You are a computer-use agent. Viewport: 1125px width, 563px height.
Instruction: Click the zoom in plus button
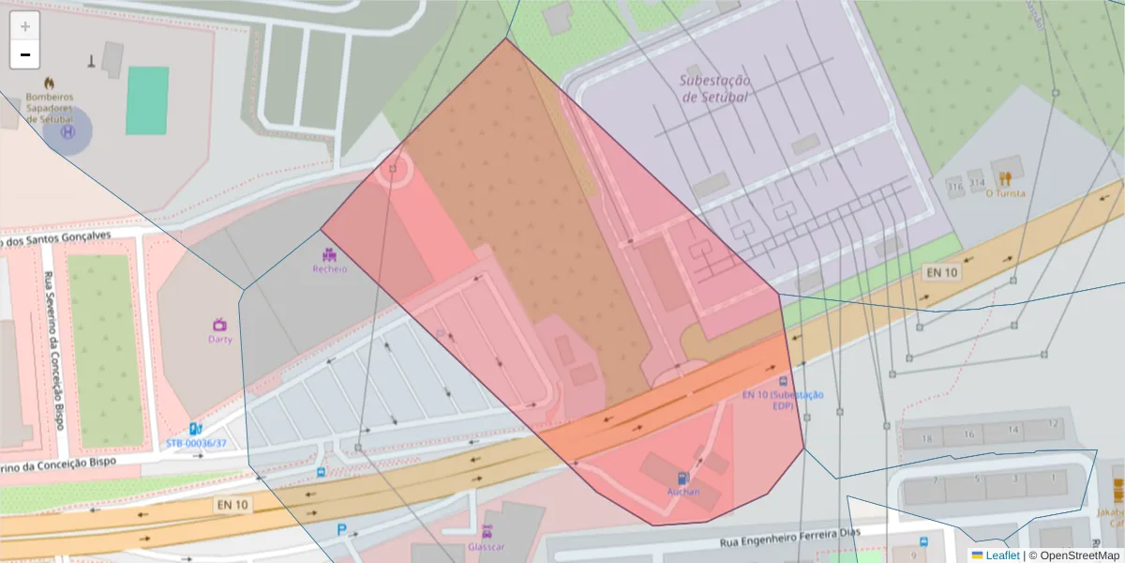click(25, 26)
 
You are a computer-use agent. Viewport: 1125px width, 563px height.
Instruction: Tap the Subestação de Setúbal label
click(714, 88)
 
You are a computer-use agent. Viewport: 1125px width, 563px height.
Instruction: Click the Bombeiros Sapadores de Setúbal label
click(49, 107)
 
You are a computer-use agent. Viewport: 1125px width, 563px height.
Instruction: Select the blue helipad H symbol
click(67, 132)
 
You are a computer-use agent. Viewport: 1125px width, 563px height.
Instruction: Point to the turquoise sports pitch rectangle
click(147, 100)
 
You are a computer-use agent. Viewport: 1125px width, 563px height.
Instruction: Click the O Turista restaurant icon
click(1006, 177)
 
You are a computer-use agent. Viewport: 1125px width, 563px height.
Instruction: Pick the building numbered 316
click(956, 187)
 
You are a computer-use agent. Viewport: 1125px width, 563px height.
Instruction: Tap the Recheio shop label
click(329, 268)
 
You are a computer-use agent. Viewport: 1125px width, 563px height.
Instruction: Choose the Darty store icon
click(220, 324)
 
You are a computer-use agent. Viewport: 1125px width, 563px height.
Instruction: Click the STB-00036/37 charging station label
click(196, 442)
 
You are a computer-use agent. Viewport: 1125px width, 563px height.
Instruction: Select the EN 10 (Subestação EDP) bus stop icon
click(784, 381)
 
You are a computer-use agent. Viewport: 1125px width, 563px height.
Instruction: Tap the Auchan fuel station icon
click(683, 478)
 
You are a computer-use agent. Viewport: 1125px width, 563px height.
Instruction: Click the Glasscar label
click(487, 546)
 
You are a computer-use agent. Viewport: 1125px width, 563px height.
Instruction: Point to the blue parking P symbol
click(342, 530)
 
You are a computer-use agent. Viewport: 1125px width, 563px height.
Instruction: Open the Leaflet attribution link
click(1002, 555)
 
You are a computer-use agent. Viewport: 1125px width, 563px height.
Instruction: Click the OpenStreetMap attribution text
click(1074, 555)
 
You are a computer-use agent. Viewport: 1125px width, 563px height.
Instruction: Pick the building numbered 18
click(927, 438)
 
